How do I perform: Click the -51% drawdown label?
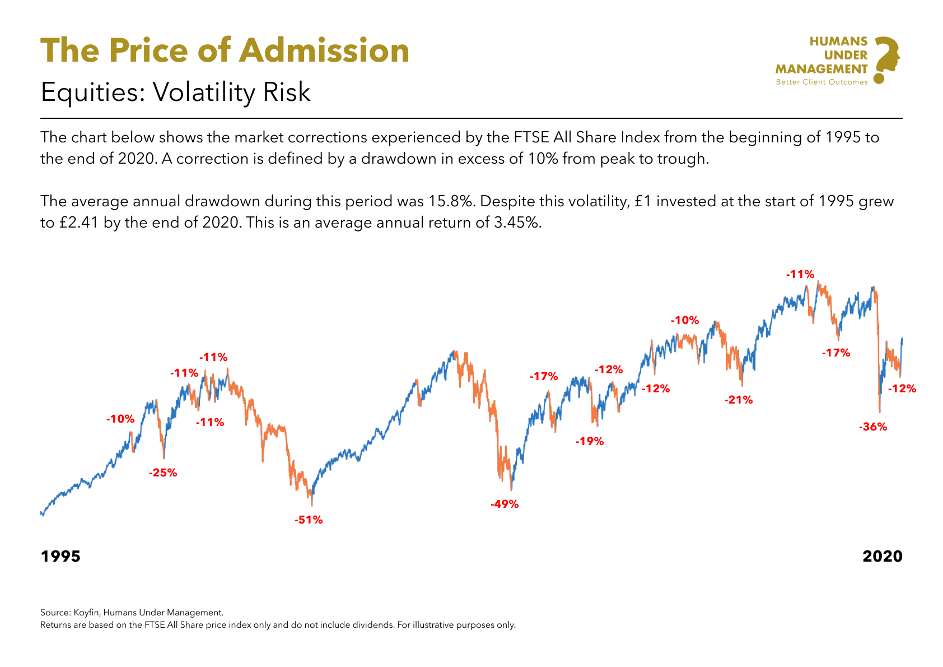[309, 520]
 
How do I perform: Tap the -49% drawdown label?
[505, 504]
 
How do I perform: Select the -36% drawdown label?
[873, 427]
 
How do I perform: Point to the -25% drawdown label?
[163, 473]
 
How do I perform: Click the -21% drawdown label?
[739, 400]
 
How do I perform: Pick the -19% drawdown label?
[590, 441]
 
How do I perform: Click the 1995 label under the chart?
[60, 556]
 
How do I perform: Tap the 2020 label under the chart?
[883, 556]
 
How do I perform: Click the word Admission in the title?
[324, 50]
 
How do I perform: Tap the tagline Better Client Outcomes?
[821, 82]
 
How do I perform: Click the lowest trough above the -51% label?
[312, 505]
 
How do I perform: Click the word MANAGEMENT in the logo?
[821, 69]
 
